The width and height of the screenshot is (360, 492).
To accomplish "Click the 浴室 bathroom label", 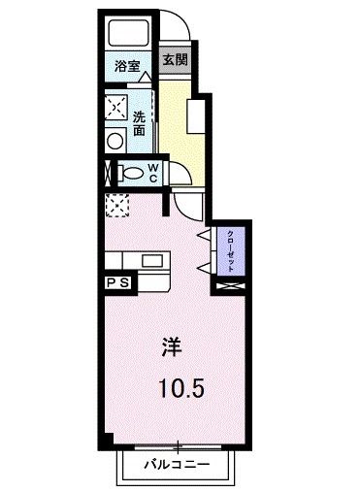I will click(127, 67).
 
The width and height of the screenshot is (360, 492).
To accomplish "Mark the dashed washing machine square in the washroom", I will click(117, 105).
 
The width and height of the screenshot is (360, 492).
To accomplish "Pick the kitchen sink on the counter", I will click(153, 259).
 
